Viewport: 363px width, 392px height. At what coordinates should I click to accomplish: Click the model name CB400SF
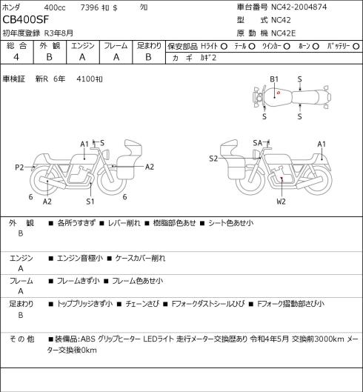tap(25, 20)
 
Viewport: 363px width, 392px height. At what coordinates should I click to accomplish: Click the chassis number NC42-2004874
tap(299, 7)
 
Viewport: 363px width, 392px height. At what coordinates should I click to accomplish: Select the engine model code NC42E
tap(284, 33)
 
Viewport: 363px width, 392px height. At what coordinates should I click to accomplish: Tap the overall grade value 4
tap(16, 57)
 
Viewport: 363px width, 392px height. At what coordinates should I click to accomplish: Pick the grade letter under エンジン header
tap(82, 57)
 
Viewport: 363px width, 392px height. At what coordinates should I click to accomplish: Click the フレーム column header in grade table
tap(116, 46)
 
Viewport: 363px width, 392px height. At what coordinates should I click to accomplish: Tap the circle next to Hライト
tap(224, 46)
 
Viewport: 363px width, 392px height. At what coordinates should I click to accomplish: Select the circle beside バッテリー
tap(356, 46)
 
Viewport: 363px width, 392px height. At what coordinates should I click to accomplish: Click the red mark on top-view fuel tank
tap(279, 93)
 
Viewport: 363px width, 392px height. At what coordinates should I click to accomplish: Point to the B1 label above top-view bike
tap(274, 79)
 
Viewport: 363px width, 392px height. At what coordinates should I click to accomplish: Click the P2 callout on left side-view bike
tap(19, 167)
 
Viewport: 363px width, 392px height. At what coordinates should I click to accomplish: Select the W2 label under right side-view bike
tap(281, 202)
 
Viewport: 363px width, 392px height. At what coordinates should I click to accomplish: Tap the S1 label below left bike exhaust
tap(90, 202)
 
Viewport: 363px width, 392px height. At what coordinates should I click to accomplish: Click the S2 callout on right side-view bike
tap(213, 159)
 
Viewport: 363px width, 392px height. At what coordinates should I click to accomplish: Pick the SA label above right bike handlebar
tap(258, 143)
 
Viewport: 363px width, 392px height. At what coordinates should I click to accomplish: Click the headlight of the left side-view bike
tap(106, 153)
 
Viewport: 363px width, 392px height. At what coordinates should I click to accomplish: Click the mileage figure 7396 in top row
tap(90, 7)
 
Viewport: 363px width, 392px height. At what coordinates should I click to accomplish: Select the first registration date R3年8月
tap(59, 33)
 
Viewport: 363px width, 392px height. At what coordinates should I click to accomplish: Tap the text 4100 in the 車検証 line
tap(86, 79)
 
